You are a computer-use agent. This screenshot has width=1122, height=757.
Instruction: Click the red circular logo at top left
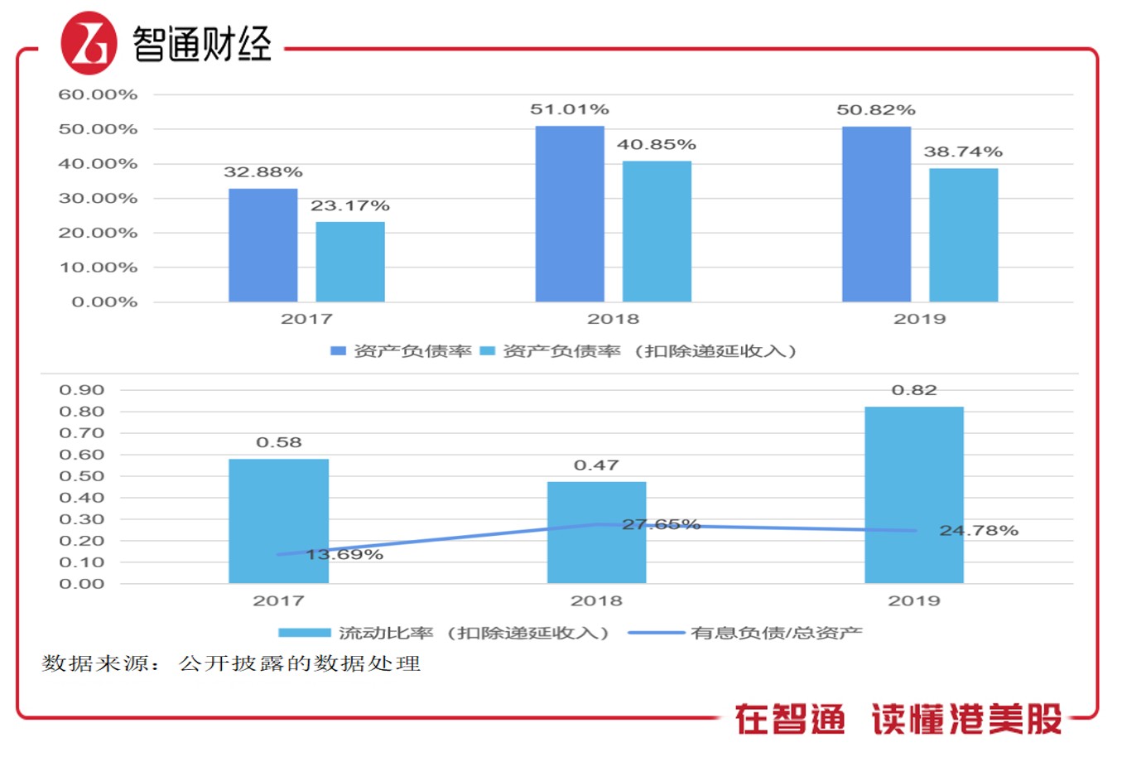pyautogui.click(x=88, y=43)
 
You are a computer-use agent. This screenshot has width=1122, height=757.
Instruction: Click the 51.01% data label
pyautogui.click(x=569, y=109)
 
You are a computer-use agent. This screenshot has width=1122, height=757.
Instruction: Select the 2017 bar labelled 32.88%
pyautogui.click(x=262, y=245)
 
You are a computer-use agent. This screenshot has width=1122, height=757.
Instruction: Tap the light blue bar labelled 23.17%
pyautogui.click(x=349, y=262)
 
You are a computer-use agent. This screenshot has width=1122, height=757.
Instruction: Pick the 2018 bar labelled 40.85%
pyautogui.click(x=656, y=231)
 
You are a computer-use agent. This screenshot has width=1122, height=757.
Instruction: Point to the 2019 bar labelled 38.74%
pyautogui.click(x=963, y=235)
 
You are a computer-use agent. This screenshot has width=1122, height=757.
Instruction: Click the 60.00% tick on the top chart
pyautogui.click(x=98, y=94)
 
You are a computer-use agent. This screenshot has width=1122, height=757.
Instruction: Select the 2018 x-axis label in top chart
pyautogui.click(x=613, y=319)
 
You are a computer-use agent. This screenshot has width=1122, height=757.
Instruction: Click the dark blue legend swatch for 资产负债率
pyautogui.click(x=338, y=351)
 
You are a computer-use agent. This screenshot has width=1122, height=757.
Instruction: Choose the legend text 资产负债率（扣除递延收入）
pyautogui.click(x=650, y=351)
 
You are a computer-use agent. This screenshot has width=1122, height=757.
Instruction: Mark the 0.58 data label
pyautogui.click(x=278, y=442)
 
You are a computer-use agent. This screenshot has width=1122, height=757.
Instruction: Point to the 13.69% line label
pyautogui.click(x=344, y=554)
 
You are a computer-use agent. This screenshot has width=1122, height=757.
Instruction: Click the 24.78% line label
pyautogui.click(x=978, y=530)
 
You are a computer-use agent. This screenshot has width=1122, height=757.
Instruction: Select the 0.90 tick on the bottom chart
pyautogui.click(x=82, y=390)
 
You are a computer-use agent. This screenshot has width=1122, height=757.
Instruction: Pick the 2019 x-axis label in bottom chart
pyautogui.click(x=913, y=600)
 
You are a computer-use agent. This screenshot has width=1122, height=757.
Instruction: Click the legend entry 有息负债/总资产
pyautogui.click(x=776, y=633)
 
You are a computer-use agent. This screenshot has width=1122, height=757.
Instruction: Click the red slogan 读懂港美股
pyautogui.click(x=966, y=719)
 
